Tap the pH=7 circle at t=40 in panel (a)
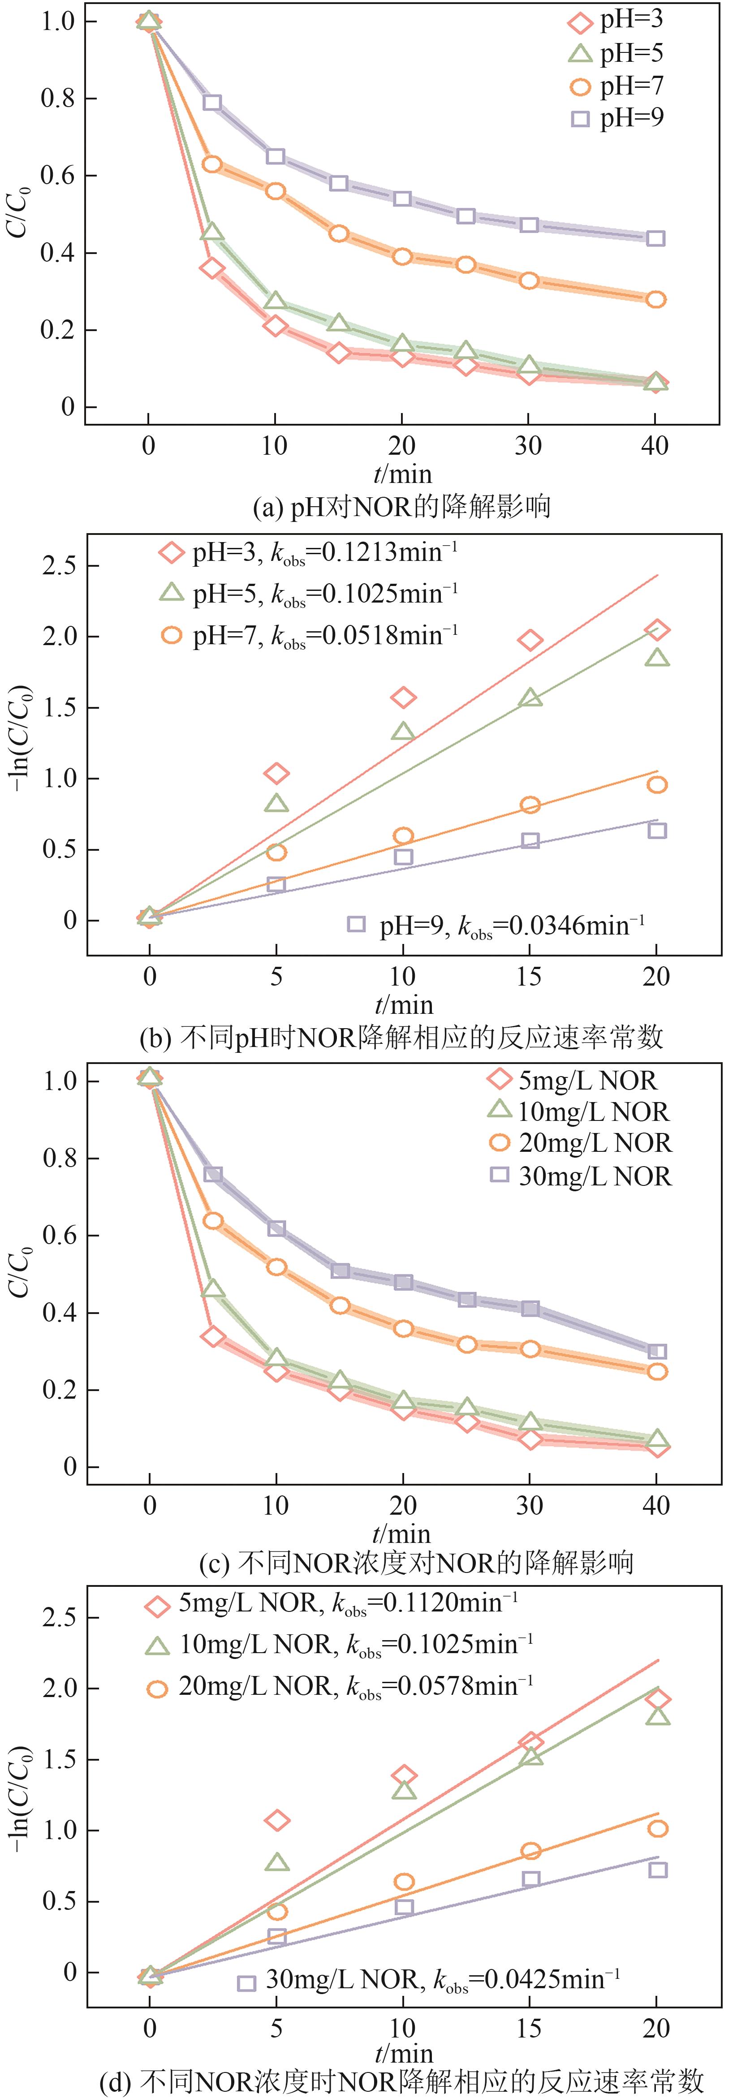(x=655, y=300)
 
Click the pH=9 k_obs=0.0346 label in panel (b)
(x=497, y=926)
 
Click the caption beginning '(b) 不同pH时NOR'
(x=401, y=1038)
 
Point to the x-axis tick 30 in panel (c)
(x=529, y=1505)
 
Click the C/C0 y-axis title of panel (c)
(x=20, y=1272)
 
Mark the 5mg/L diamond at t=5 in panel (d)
(x=277, y=1820)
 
